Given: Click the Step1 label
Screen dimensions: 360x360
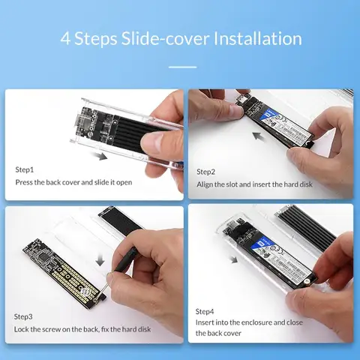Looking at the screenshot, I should (25, 169).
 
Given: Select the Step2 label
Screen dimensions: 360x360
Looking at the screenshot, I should (206, 172).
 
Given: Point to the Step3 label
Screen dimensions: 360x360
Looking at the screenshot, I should (25, 316).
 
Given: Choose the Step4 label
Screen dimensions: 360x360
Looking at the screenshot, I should (205, 310).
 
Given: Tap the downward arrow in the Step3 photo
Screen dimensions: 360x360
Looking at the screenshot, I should (101, 258).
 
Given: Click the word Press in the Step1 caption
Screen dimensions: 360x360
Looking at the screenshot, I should (25, 182).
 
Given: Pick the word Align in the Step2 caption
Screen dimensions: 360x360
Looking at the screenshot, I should (205, 184).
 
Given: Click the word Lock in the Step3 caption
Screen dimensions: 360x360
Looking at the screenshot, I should (23, 329).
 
